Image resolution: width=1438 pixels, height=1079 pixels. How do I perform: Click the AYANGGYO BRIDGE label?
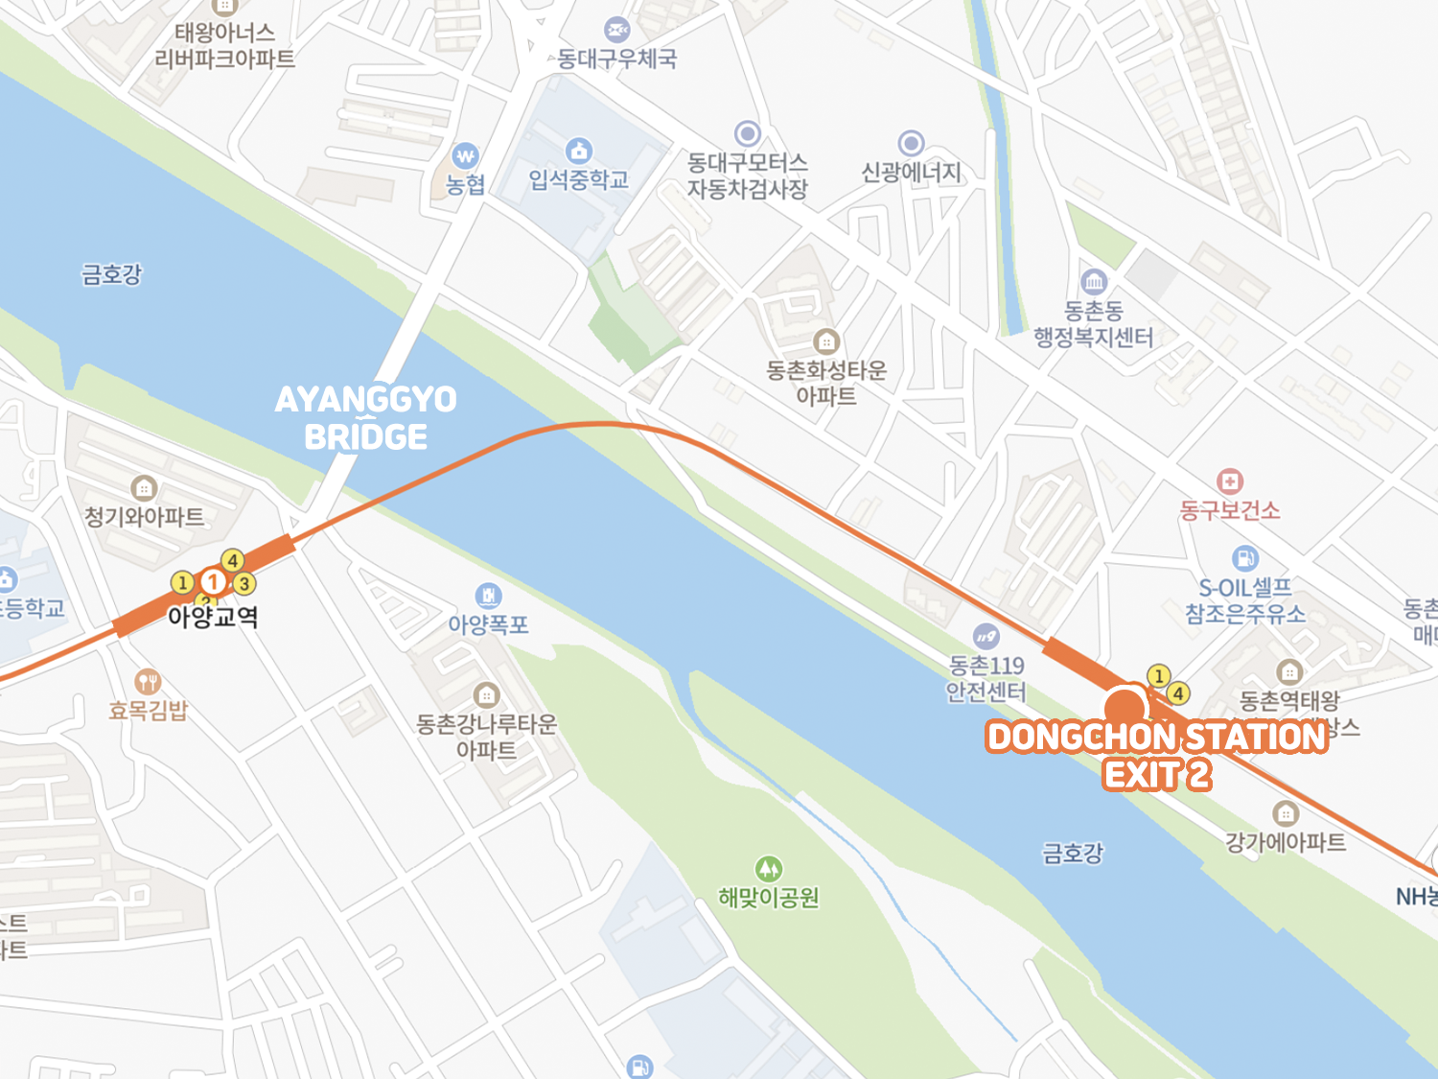(365, 418)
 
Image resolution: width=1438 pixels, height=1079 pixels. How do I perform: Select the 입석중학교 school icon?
(578, 151)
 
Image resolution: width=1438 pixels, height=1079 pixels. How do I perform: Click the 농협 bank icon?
(465, 155)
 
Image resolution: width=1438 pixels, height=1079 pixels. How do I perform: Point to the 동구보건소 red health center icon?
(1230, 481)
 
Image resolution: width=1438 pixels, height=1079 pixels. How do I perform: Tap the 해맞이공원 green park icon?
(768, 870)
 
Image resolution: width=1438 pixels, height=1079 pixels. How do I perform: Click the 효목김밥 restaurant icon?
(147, 682)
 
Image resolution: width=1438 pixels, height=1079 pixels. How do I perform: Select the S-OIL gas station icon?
(1244, 558)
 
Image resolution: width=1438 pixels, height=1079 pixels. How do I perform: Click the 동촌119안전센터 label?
(986, 678)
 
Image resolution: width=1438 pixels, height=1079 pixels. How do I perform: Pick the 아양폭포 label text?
(488, 625)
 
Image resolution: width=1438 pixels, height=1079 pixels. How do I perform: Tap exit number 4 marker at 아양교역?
(232, 561)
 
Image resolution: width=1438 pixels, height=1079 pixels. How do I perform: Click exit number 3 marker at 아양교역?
(244, 583)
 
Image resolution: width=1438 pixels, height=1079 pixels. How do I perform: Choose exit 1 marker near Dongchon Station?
(1158, 676)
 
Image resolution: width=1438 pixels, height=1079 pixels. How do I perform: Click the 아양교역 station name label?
(213, 616)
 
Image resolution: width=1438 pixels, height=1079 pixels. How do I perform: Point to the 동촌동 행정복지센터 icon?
(1094, 282)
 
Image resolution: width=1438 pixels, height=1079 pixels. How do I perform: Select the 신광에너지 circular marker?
(911, 144)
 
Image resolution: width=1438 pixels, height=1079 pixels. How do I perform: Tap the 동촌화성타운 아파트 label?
(826, 383)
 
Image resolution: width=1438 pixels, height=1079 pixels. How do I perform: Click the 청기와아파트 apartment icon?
(144, 488)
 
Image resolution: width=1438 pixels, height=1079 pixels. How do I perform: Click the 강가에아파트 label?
(1285, 842)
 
